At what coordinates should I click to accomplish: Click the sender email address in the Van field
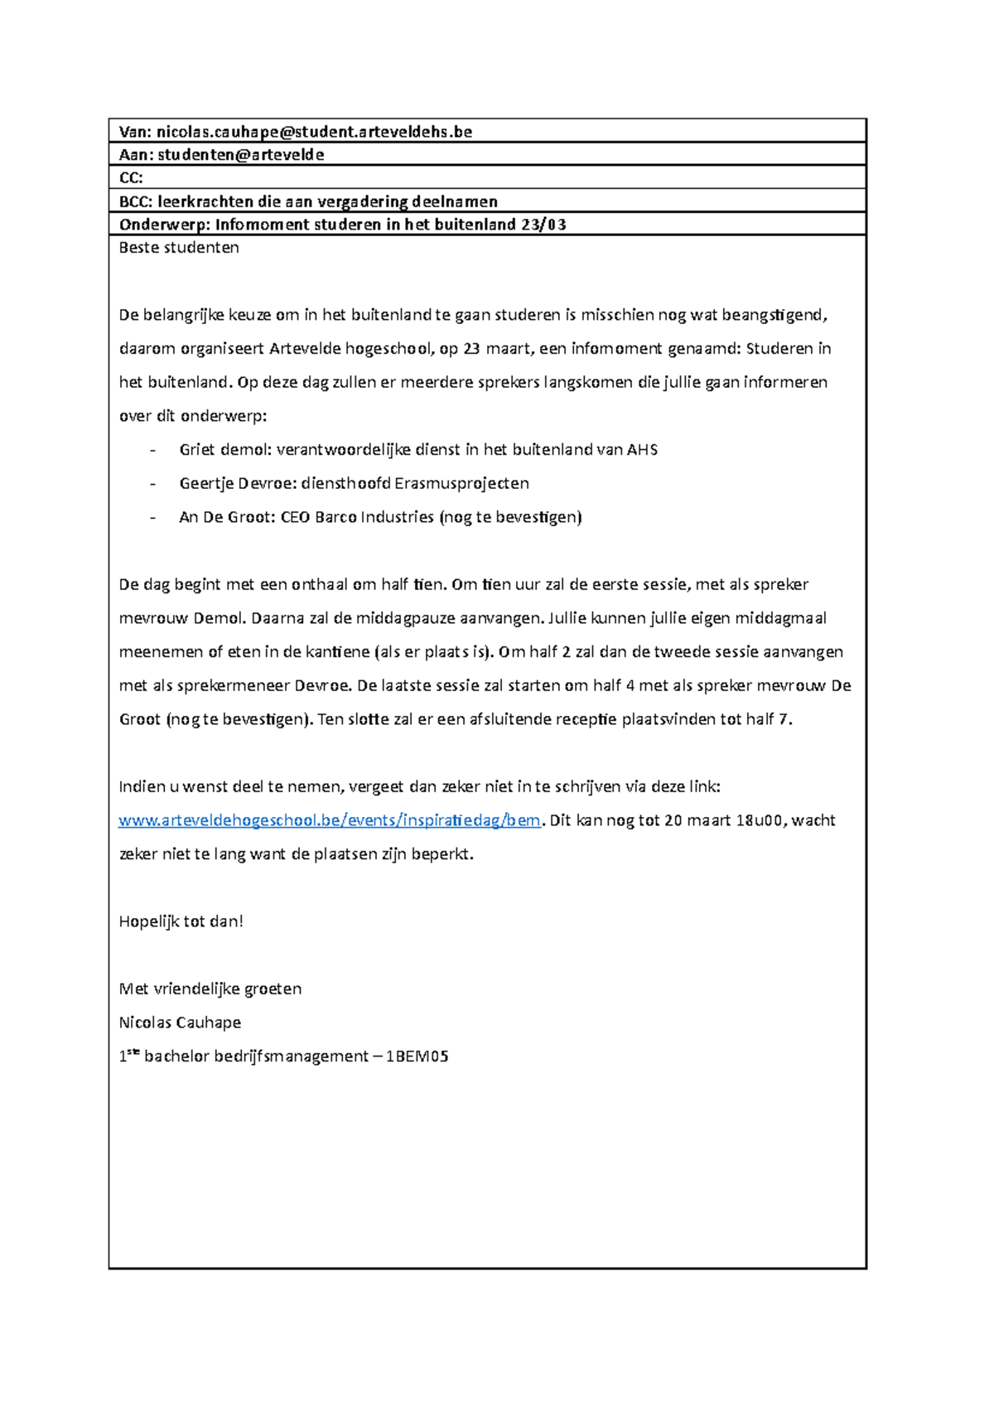[x=314, y=132]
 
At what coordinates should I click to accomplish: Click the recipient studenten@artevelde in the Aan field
[x=240, y=155]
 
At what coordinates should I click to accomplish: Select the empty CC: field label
[x=131, y=178]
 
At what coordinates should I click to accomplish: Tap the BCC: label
[x=135, y=201]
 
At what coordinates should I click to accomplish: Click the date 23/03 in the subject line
[x=543, y=225]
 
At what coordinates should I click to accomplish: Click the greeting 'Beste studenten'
[x=179, y=248]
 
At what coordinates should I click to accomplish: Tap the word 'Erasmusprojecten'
[x=461, y=484]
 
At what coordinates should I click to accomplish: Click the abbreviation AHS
[x=642, y=450]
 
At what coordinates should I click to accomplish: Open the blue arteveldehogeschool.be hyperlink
[x=329, y=820]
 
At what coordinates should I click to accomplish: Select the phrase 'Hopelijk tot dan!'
[x=181, y=921]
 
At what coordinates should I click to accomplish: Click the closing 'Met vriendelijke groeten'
[x=210, y=989]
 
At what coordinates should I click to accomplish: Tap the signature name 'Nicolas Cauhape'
[x=180, y=1023]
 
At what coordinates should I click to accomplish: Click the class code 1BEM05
[x=417, y=1056]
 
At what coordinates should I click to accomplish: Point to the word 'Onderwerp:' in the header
[x=164, y=225]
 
